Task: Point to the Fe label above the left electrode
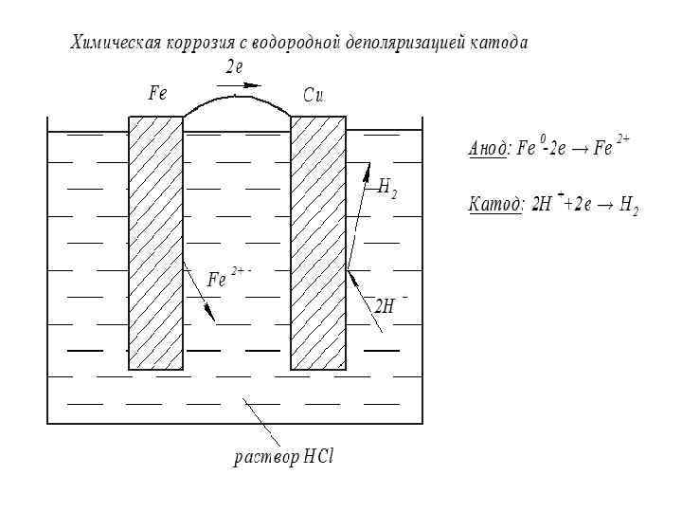coord(157,94)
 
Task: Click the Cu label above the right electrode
coord(314,95)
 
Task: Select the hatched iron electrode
coord(155,242)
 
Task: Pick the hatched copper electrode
coord(317,242)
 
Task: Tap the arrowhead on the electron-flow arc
coord(253,85)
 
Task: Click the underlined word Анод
coord(489,150)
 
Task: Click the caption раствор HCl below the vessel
coord(284,456)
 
